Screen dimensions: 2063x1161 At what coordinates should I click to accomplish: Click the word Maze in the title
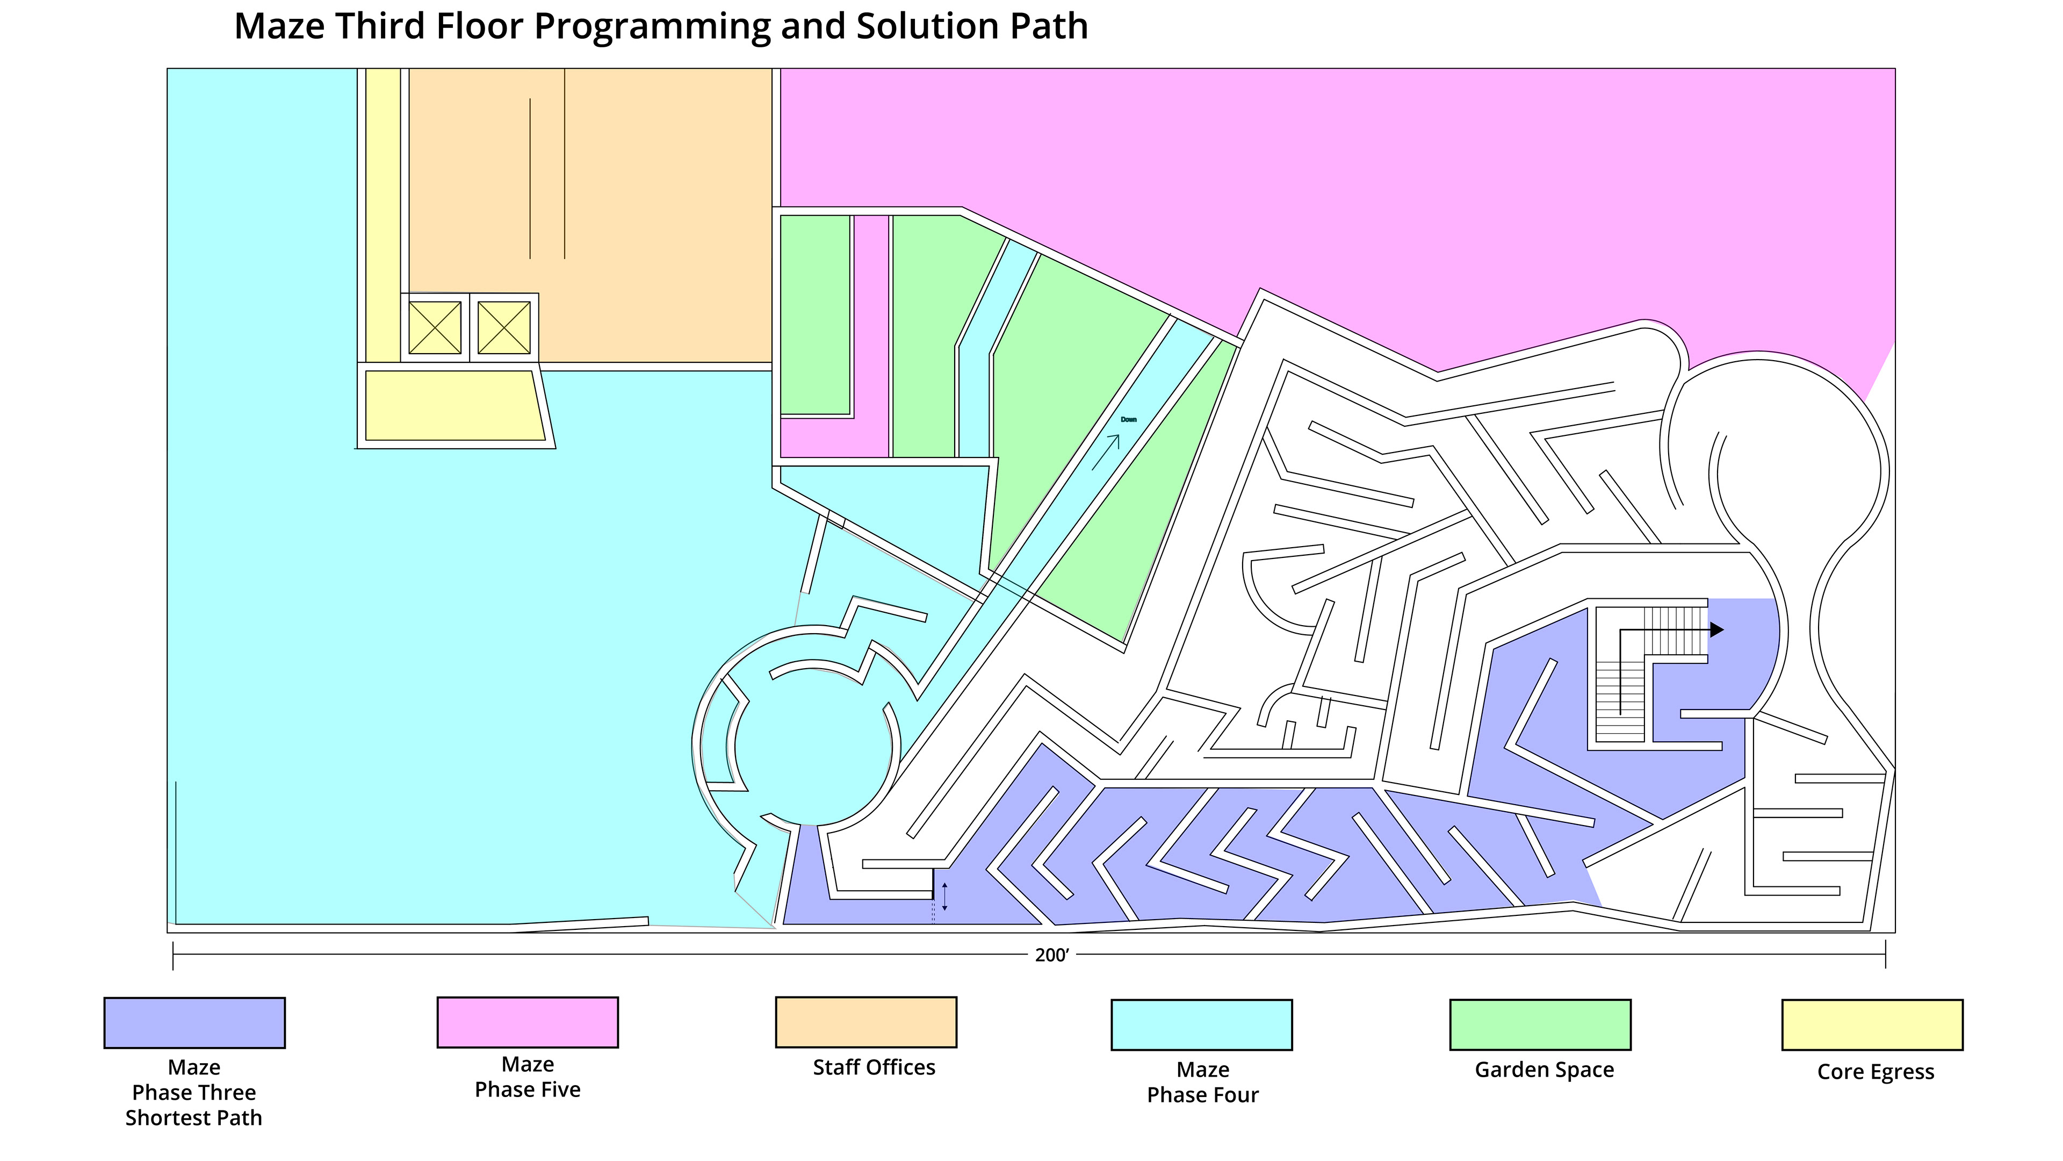pyautogui.click(x=279, y=26)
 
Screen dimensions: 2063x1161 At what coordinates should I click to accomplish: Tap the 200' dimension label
pyautogui.click(x=1051, y=955)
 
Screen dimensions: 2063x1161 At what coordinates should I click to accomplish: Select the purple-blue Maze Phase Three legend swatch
pyautogui.click(x=194, y=1022)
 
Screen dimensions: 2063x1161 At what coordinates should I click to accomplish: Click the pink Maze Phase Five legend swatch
pyautogui.click(x=527, y=1022)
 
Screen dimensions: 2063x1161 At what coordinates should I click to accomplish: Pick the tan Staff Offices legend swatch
pyautogui.click(x=865, y=1022)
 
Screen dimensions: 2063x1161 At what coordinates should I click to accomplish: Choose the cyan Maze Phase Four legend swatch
pyautogui.click(x=1201, y=1024)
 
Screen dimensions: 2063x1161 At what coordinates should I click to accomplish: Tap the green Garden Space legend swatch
pyautogui.click(x=1540, y=1024)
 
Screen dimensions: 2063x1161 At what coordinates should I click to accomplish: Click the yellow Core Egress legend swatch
pyautogui.click(x=1872, y=1024)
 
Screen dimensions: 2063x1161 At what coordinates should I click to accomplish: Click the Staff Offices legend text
pyautogui.click(x=874, y=1067)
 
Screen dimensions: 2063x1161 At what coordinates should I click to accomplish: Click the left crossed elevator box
pyautogui.click(x=435, y=328)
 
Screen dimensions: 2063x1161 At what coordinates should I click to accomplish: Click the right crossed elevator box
pyautogui.click(x=504, y=328)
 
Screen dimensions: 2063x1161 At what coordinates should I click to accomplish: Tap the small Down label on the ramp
pyautogui.click(x=1128, y=420)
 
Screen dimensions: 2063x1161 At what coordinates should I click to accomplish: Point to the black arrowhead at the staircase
pyautogui.click(x=1716, y=630)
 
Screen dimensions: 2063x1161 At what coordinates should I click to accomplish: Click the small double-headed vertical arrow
pyautogui.click(x=945, y=897)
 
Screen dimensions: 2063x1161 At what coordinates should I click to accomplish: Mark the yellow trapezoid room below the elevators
pyautogui.click(x=452, y=405)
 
